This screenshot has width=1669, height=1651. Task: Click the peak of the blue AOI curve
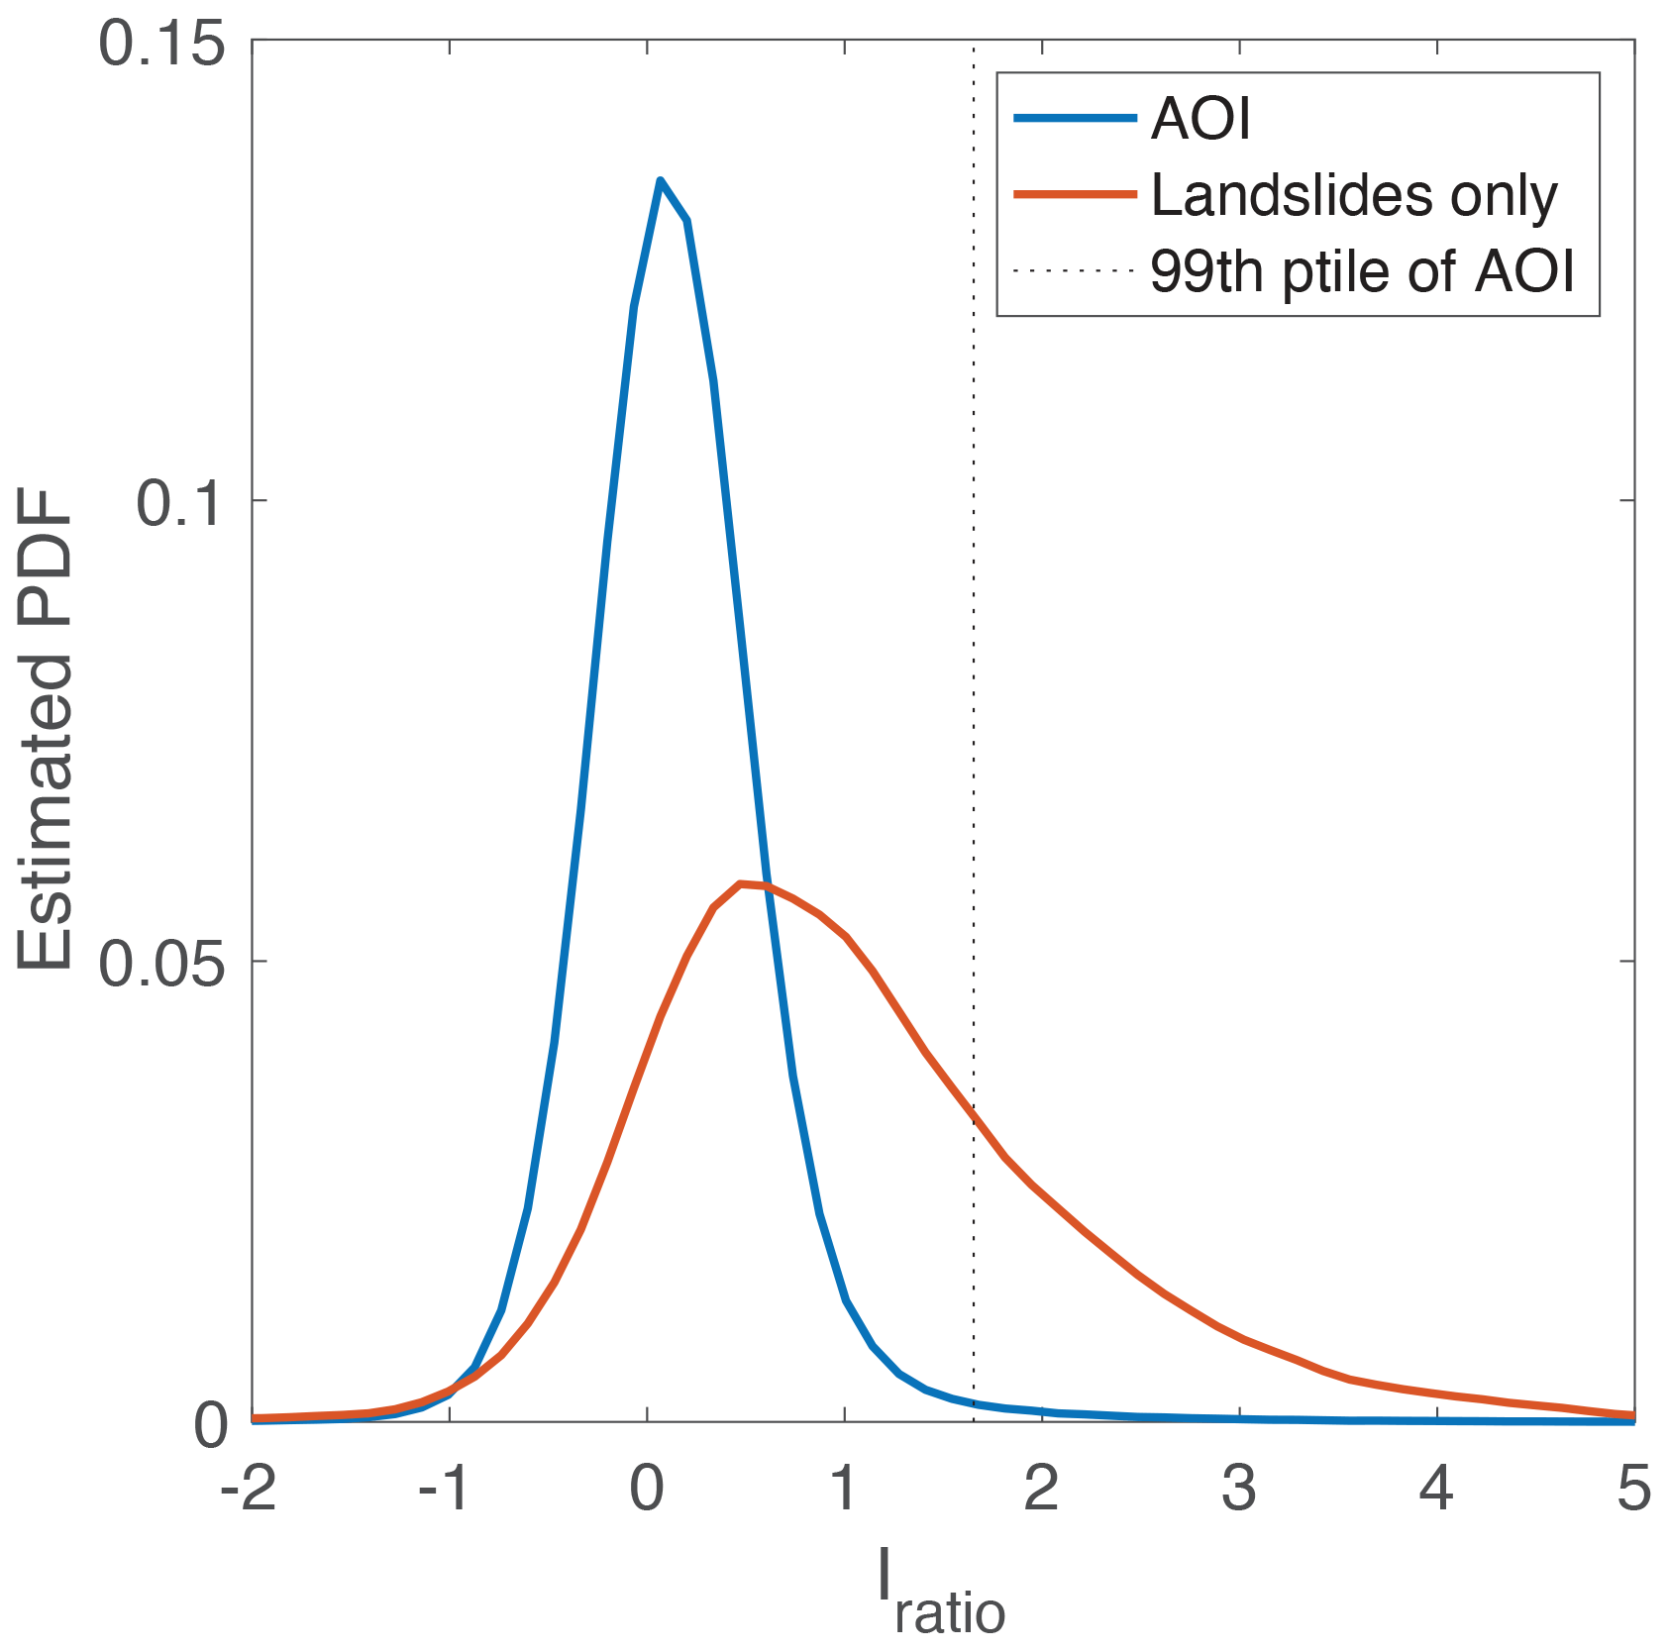click(660, 180)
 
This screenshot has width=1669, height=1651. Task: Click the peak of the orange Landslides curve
click(741, 882)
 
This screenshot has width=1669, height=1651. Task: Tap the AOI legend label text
click(1200, 120)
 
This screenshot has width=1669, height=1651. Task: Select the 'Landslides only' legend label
click(1354, 195)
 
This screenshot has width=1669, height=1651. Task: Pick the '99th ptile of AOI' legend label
click(1362, 270)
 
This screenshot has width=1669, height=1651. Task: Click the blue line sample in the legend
click(1075, 119)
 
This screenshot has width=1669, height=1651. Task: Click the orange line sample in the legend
click(1075, 195)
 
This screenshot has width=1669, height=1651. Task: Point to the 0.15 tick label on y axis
click(161, 47)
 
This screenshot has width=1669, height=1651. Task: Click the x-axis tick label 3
click(1239, 1490)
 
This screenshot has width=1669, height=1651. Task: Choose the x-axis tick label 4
click(1436, 1490)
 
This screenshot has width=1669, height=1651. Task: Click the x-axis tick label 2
click(1042, 1490)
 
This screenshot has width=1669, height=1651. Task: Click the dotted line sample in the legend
click(1075, 270)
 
